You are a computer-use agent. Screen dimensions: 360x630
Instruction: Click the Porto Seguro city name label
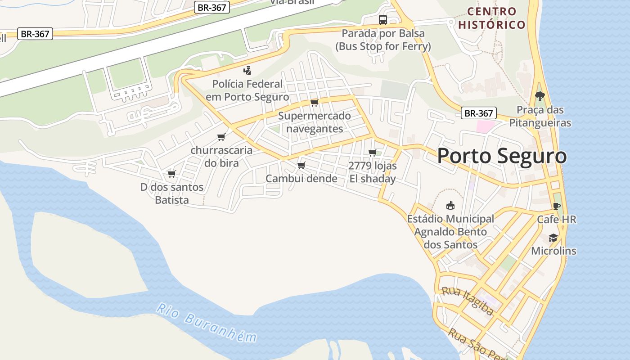pos(502,156)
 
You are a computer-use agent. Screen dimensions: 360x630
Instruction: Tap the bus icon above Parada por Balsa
pos(382,20)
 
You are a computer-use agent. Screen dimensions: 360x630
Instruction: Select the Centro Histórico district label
pos(492,18)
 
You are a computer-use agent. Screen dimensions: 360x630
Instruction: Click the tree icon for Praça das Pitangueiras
pos(540,96)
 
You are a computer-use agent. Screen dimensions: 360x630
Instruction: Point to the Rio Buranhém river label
pos(207,323)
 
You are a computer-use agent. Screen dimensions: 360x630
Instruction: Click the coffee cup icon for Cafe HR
pos(557,206)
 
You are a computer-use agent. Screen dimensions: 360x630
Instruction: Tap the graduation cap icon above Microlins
pos(553,238)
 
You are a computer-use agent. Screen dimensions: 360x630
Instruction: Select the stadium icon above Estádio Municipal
pos(450,206)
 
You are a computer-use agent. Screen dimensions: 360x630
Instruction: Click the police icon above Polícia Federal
pos(247,70)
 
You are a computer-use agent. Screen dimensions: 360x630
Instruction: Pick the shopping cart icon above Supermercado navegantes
pos(314,103)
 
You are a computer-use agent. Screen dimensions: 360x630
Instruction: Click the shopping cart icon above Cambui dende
pos(301,166)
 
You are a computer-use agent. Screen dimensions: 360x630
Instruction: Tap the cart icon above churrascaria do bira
pos(221,137)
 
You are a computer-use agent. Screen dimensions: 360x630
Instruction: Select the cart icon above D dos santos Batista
pos(171,174)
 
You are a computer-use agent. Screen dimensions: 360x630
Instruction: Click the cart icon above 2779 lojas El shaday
pos(372,153)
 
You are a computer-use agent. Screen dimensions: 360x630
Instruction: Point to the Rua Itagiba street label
pos(467,301)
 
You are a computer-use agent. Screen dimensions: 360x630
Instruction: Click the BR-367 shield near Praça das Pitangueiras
pos(479,113)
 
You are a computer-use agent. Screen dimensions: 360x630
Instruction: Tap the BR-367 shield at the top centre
pos(212,7)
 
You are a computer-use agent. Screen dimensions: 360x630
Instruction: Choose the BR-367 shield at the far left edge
pos(35,34)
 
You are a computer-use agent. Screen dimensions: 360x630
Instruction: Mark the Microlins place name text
pos(553,251)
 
